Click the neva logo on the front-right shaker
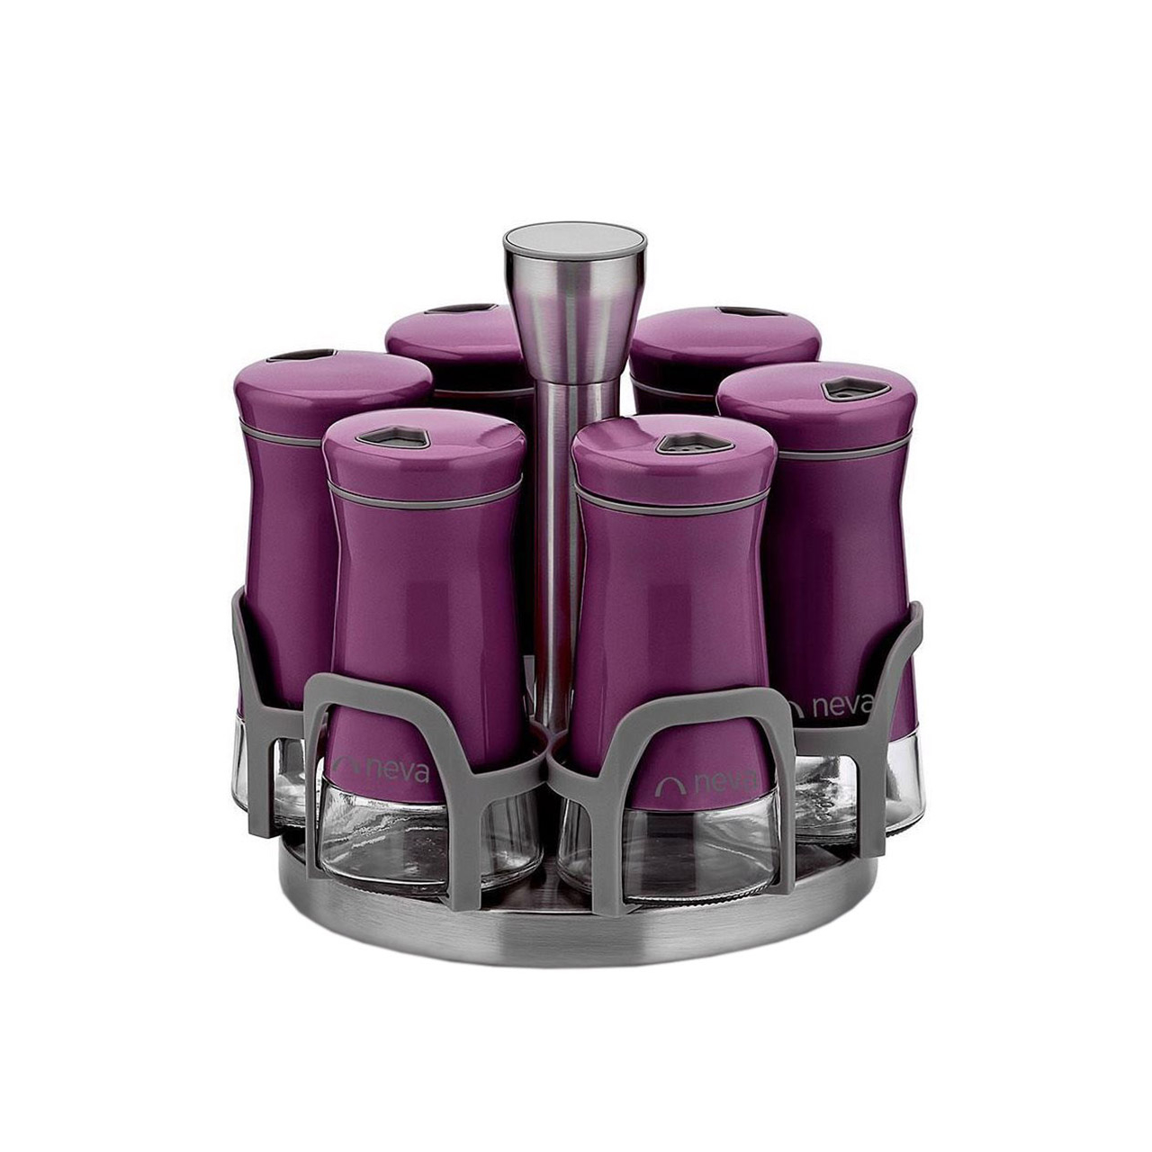707,782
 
